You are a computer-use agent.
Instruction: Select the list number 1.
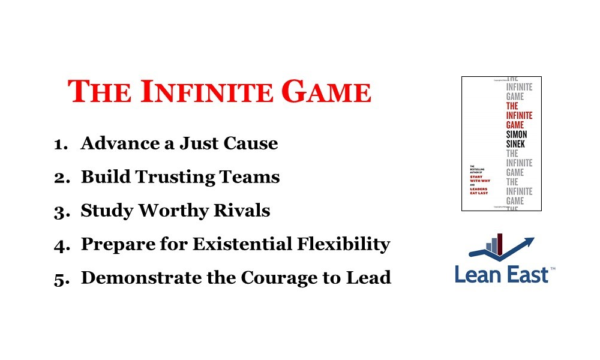point(61,145)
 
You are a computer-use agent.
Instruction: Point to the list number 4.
point(61,245)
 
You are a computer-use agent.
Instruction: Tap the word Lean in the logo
point(478,275)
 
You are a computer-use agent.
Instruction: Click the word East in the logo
point(526,275)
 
